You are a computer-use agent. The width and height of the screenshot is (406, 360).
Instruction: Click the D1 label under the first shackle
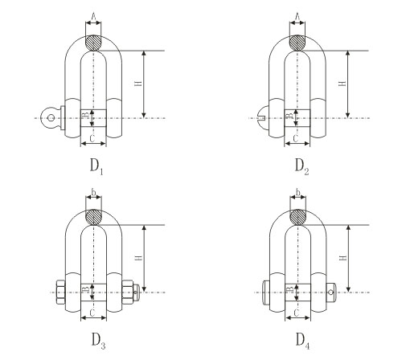(96, 166)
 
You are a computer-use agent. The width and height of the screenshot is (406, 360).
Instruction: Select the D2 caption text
(301, 166)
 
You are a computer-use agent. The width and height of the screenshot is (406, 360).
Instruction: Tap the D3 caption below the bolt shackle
(98, 341)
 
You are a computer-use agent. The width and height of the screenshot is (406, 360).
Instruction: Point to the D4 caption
(303, 341)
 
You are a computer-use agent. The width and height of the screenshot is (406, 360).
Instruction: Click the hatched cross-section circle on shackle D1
(93, 43)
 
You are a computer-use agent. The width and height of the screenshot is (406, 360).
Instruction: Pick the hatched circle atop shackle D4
(298, 217)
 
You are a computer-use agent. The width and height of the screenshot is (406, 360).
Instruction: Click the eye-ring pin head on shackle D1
(50, 118)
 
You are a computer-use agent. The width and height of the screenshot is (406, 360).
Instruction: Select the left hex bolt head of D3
(60, 292)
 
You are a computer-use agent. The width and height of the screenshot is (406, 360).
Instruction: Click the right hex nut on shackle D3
(128, 292)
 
